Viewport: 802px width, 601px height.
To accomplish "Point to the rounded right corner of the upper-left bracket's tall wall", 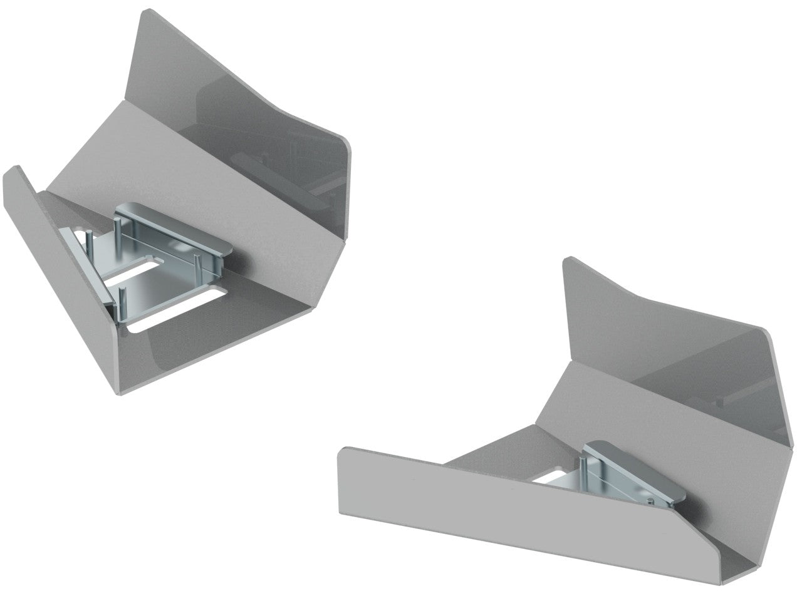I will (x=346, y=143).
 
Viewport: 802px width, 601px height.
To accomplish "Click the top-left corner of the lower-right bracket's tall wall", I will (x=568, y=259).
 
